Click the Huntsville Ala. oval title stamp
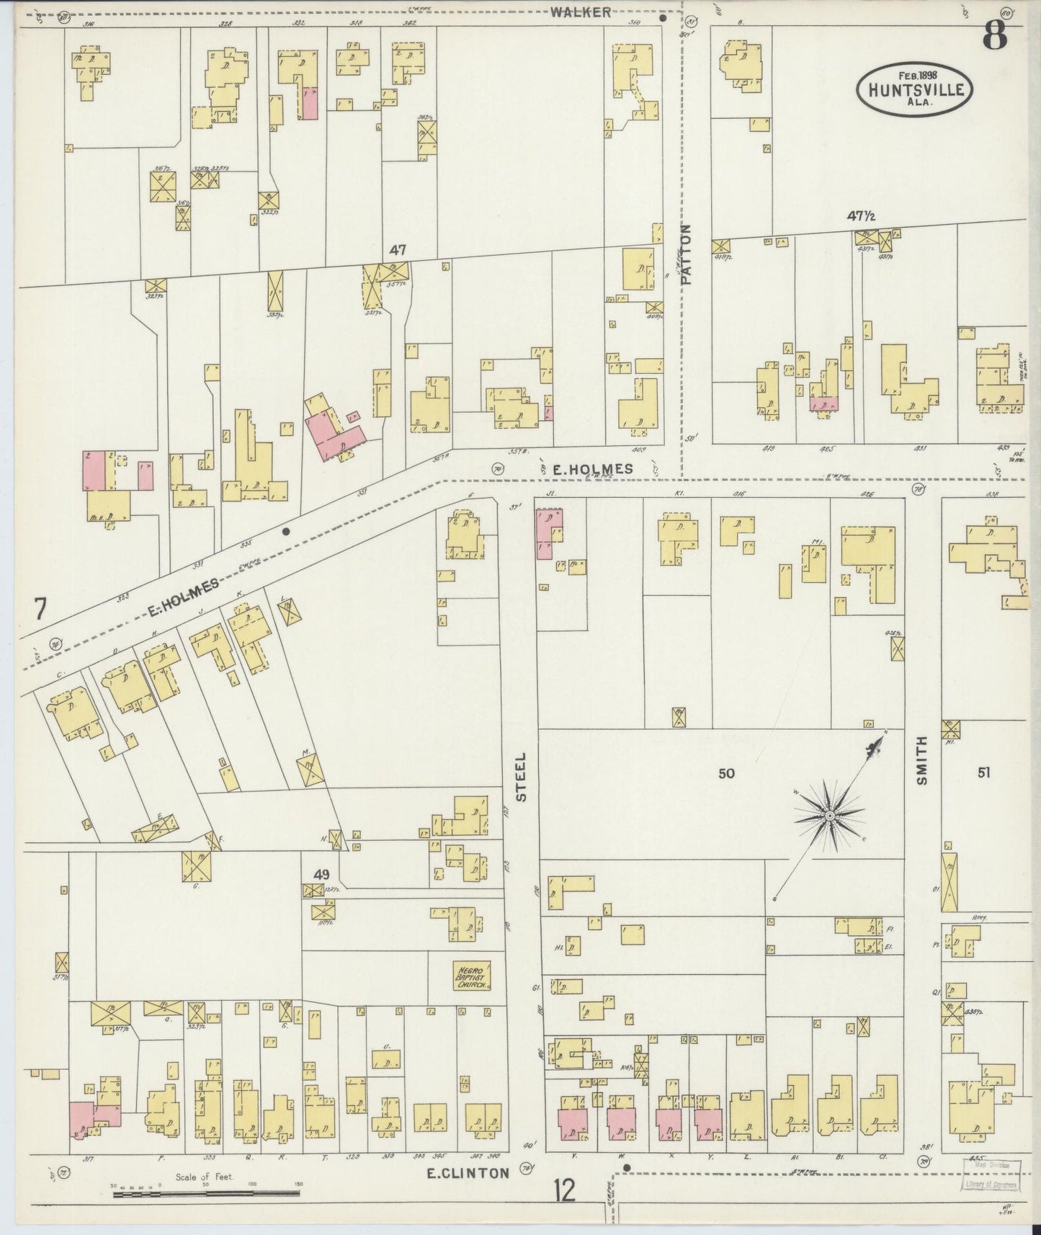(x=915, y=88)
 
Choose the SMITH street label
(x=923, y=765)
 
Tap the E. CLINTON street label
(x=468, y=1173)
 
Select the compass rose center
(x=830, y=815)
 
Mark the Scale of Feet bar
(x=206, y=1194)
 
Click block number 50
(x=726, y=773)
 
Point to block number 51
(x=983, y=772)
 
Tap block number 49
(x=321, y=875)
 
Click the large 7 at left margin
(x=40, y=610)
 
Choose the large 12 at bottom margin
(x=566, y=1190)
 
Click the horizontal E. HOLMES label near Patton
(x=592, y=468)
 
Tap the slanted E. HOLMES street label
(x=184, y=599)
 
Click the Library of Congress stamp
(x=991, y=1174)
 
